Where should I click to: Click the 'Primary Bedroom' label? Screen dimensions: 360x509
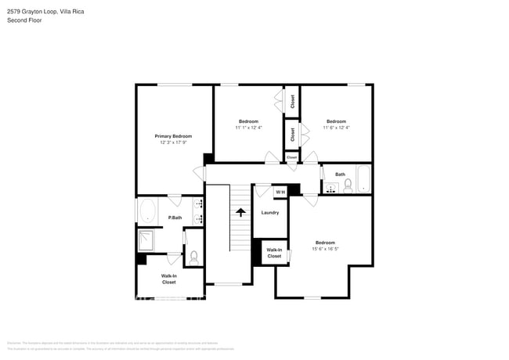click(172, 136)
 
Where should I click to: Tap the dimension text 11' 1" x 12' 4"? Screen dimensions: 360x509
click(248, 128)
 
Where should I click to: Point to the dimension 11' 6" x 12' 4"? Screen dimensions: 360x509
click(336, 128)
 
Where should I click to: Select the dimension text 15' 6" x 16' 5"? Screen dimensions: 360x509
click(325, 249)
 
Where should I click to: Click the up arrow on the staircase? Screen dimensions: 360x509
click(240, 211)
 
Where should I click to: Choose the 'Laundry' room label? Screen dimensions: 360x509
click(270, 212)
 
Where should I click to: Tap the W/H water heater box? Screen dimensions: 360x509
click(280, 192)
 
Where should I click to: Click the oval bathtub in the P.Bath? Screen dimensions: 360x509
click(147, 211)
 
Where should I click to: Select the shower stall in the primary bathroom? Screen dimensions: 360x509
click(147, 239)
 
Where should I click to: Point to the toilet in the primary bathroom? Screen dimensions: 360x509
click(193, 257)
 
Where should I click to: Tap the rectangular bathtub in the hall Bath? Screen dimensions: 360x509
click(364, 179)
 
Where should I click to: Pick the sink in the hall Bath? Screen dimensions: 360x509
click(331, 189)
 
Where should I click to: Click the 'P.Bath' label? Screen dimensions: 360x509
click(175, 218)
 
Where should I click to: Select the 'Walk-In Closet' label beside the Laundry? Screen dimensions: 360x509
click(274, 253)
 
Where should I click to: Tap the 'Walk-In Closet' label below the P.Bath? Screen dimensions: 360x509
click(168, 279)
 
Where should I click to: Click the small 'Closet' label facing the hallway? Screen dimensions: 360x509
click(291, 157)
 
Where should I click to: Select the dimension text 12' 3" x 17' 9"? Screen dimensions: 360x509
click(172, 142)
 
